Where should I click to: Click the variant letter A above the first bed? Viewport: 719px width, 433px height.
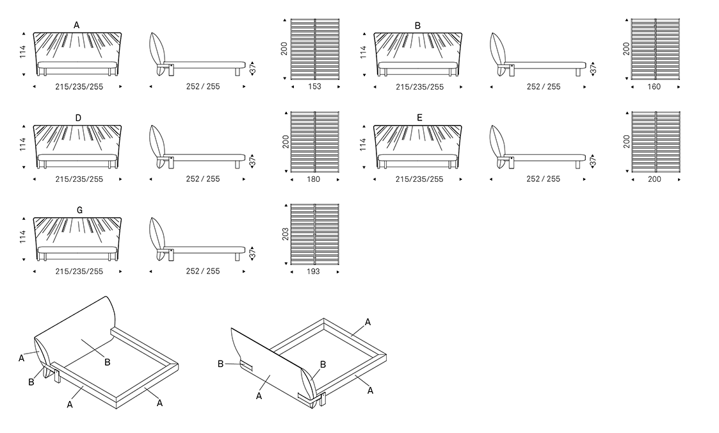pyautogui.click(x=77, y=25)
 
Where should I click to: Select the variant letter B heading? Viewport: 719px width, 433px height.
pyautogui.click(x=418, y=26)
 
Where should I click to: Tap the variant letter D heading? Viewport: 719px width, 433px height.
pyautogui.click(x=78, y=118)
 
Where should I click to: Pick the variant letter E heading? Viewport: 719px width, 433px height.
pyautogui.click(x=419, y=118)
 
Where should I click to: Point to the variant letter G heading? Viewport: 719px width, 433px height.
pyautogui.click(x=79, y=210)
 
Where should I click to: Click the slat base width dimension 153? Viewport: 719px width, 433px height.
pyautogui.click(x=315, y=87)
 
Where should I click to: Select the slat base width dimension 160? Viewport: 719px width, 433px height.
pyautogui.click(x=654, y=87)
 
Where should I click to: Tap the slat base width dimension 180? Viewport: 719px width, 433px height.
pyautogui.click(x=314, y=179)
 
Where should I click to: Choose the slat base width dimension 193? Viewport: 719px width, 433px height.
pyautogui.click(x=314, y=272)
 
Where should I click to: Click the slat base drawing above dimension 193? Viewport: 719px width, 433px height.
pyautogui.click(x=315, y=233)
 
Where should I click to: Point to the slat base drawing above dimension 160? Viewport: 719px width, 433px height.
pyautogui.click(x=656, y=48)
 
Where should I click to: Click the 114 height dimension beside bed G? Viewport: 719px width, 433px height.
pyautogui.click(x=23, y=237)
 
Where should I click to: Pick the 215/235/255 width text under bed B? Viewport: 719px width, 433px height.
pyautogui.click(x=419, y=87)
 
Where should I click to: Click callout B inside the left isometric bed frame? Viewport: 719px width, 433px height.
pyautogui.click(x=108, y=362)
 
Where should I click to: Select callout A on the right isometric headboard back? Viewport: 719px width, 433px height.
pyautogui.click(x=259, y=396)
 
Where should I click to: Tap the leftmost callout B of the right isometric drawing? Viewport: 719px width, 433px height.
pyautogui.click(x=220, y=364)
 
